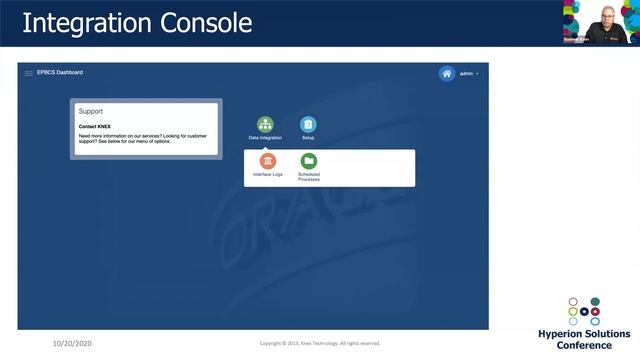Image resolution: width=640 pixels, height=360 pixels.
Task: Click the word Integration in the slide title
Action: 88,22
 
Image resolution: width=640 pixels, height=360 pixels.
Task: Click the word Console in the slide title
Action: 209,22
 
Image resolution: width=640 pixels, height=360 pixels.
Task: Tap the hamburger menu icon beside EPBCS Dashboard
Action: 28,73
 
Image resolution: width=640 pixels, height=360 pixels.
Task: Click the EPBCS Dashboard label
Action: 60,73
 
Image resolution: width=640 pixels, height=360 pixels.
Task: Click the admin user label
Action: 466,74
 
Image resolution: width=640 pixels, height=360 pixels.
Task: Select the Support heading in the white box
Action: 91,112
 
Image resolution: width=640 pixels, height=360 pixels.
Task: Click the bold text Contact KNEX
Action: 95,127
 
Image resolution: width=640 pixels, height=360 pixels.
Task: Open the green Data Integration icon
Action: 265,124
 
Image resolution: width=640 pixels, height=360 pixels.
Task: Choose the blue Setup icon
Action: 308,124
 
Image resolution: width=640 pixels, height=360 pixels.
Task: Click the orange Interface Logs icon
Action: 268,161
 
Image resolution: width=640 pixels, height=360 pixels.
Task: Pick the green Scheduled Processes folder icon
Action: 309,161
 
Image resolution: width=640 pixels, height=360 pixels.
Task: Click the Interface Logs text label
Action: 268,175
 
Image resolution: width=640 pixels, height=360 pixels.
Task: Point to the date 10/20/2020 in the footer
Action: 73,343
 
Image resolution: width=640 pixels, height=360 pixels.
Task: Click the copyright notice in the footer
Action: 320,343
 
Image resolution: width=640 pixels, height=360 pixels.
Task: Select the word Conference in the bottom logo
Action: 584,346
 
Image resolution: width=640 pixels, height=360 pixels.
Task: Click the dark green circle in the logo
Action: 595,301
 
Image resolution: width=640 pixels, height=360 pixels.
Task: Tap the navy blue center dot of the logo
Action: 584,311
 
